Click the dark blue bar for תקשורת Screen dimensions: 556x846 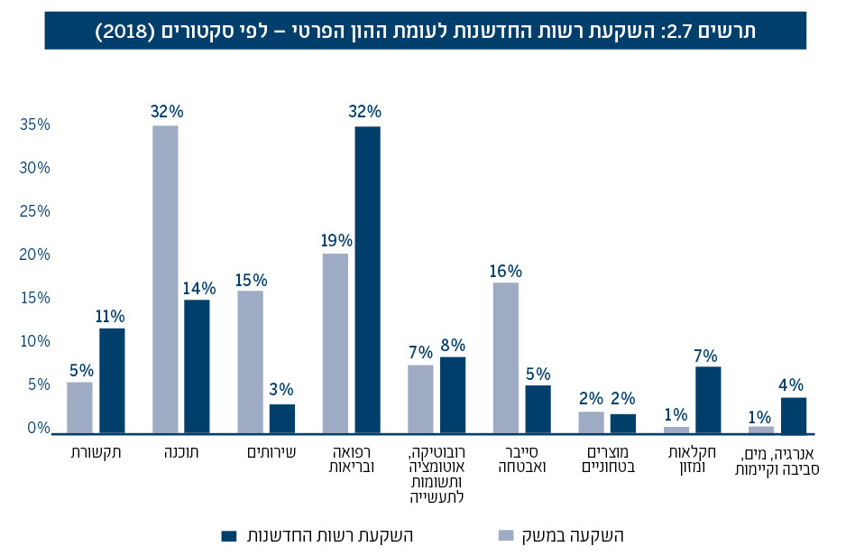112,381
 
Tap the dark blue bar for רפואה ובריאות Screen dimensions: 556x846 367,280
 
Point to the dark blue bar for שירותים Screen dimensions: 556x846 282,419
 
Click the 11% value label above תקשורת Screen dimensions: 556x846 112,316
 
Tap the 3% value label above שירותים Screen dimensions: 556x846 282,391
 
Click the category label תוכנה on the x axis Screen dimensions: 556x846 181,451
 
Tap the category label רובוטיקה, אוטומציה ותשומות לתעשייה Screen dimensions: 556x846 437,474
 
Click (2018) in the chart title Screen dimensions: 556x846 125,31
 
